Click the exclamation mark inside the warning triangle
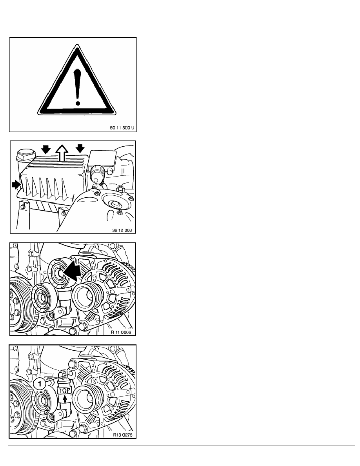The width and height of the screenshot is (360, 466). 78,85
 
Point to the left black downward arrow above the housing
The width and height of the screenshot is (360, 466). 46,149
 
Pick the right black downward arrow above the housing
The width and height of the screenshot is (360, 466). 80,149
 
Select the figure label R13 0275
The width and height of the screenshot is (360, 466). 121,435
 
